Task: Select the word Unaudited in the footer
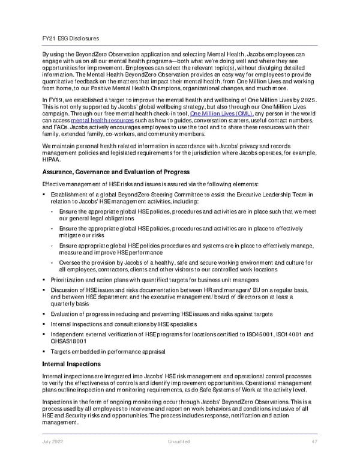pyautogui.click(x=179, y=441)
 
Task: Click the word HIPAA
pyautogui.click(x=52, y=161)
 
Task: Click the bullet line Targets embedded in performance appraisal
pyautogui.click(x=108, y=351)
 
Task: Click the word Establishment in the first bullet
pyautogui.click(x=71, y=195)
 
